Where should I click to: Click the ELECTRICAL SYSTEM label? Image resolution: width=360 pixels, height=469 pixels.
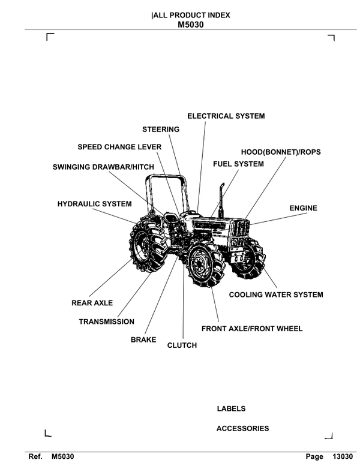pyautogui.click(x=226, y=116)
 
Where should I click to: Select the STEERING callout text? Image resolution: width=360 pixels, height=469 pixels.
pyautogui.click(x=161, y=130)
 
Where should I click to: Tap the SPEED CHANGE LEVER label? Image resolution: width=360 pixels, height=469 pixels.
pyautogui.click(x=119, y=147)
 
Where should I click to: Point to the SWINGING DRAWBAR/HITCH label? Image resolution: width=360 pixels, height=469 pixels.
pyautogui.click(x=104, y=167)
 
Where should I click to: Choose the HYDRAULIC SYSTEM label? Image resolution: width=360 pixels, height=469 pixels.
pyautogui.click(x=94, y=204)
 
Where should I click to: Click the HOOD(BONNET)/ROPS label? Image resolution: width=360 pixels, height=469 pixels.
pyautogui.click(x=281, y=152)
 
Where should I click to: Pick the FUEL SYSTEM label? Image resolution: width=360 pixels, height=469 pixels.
pyautogui.click(x=238, y=164)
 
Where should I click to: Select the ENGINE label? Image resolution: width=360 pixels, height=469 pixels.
pyautogui.click(x=303, y=208)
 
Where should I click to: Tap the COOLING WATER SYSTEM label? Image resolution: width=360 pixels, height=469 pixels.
pyautogui.click(x=276, y=294)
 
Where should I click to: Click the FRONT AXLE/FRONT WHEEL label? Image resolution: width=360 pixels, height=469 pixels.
pyautogui.click(x=252, y=329)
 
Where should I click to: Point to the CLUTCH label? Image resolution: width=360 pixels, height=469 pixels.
pyautogui.click(x=182, y=345)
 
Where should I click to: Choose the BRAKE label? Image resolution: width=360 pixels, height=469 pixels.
pyautogui.click(x=143, y=340)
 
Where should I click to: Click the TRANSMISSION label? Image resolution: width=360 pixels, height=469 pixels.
pyautogui.click(x=107, y=322)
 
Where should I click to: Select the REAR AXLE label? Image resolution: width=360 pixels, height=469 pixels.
pyautogui.click(x=92, y=303)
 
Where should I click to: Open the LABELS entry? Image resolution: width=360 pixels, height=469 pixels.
pyautogui.click(x=231, y=409)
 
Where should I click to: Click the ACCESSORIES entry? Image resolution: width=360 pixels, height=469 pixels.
pyautogui.click(x=242, y=428)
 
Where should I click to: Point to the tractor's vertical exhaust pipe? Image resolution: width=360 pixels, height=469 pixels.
pyautogui.click(x=221, y=202)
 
